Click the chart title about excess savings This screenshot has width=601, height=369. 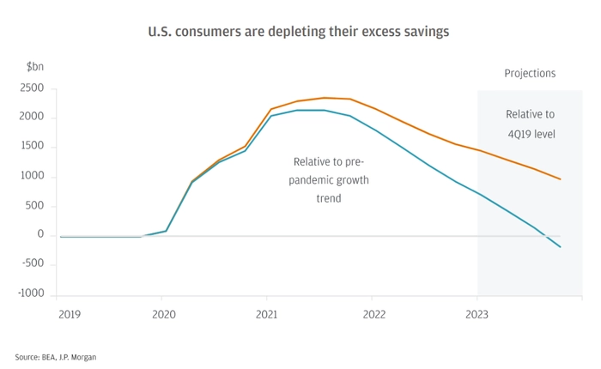point(300,31)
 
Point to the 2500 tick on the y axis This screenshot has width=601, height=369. point(32,88)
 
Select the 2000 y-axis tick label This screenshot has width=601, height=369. point(32,118)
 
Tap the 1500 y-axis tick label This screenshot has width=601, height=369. point(32,147)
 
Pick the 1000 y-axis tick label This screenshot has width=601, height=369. point(32,177)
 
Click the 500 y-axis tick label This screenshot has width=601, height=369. point(35,206)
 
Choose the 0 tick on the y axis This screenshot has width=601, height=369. point(39,235)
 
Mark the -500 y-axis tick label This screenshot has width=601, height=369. point(33,264)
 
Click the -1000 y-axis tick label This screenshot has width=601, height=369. point(31,293)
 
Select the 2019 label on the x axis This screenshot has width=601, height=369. point(70,314)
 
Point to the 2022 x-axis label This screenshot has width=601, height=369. point(372,314)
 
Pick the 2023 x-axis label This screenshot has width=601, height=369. point(477,314)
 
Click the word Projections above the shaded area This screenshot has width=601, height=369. point(530,74)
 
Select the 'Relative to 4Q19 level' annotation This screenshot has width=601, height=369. point(530,123)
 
